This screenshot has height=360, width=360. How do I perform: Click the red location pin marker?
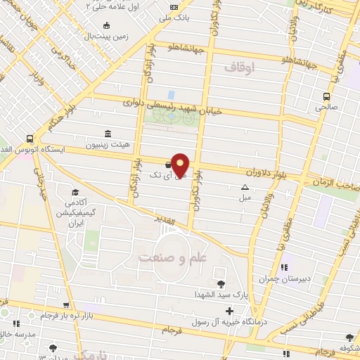[x=181, y=164]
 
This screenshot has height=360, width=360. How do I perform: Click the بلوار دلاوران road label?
[x=269, y=172]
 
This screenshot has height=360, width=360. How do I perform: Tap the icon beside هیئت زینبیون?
[x=108, y=134]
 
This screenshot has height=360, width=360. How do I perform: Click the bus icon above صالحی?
[x=326, y=97]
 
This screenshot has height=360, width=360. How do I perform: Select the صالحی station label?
[x=326, y=108]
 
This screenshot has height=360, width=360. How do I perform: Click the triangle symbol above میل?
[x=245, y=187]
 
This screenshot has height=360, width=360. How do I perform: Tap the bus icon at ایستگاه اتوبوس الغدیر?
[x=30, y=139]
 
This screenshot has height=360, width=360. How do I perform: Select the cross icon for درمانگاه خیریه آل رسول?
[x=230, y=310]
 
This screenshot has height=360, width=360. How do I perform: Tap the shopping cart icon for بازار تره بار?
[x=65, y=306]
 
